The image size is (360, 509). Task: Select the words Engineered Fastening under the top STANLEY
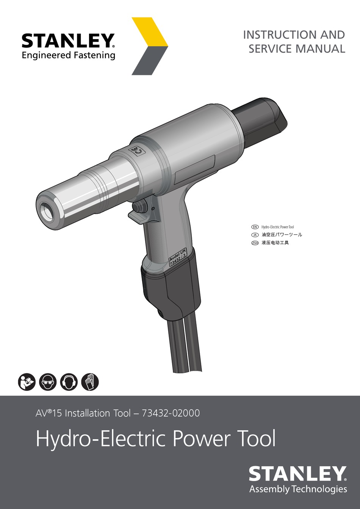click(x=68, y=55)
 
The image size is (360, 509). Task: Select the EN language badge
click(x=255, y=227)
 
